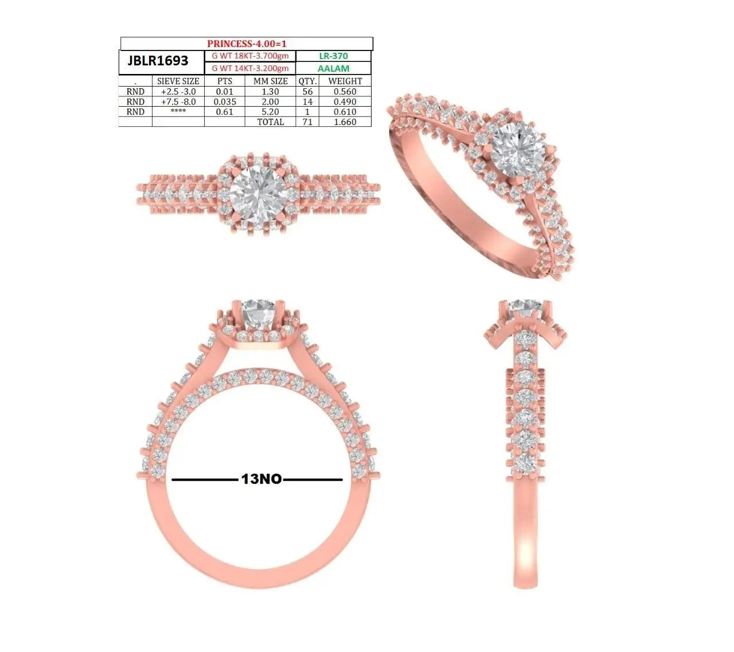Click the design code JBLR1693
pyautogui.click(x=158, y=61)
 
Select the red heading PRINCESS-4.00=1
pyautogui.click(x=247, y=44)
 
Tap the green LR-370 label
pyautogui.click(x=333, y=56)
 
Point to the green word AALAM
pyautogui.click(x=333, y=68)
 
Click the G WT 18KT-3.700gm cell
pyautogui.click(x=250, y=56)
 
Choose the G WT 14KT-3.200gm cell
pyautogui.click(x=250, y=68)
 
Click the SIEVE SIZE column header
pyautogui.click(x=178, y=81)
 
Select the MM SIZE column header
pyautogui.click(x=270, y=81)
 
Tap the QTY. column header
pyautogui.click(x=307, y=81)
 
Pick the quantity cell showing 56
pyautogui.click(x=307, y=91)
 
